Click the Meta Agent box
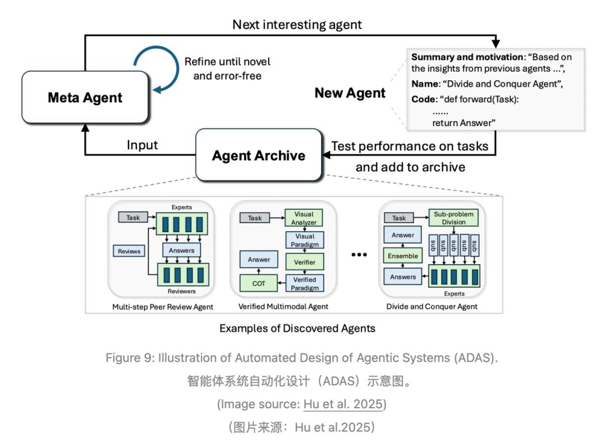coord(85,98)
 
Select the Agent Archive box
coord(259,155)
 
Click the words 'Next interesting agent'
coord(297,25)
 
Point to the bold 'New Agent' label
coord(350,93)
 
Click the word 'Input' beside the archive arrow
coord(142,145)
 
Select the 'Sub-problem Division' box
coord(453,218)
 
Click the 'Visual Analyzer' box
coord(304,218)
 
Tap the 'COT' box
coord(259,284)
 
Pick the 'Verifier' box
coord(305,262)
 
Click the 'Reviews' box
coord(129,251)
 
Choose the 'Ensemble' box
coord(403,256)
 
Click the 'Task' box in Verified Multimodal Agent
coord(255,218)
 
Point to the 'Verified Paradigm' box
coord(305,284)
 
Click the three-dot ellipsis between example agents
coord(359,255)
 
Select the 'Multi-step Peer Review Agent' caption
coord(163,307)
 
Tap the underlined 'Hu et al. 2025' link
coord(343,404)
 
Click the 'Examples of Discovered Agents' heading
coord(297,328)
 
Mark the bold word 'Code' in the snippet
coord(424,99)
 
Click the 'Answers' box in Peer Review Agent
coord(182,250)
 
